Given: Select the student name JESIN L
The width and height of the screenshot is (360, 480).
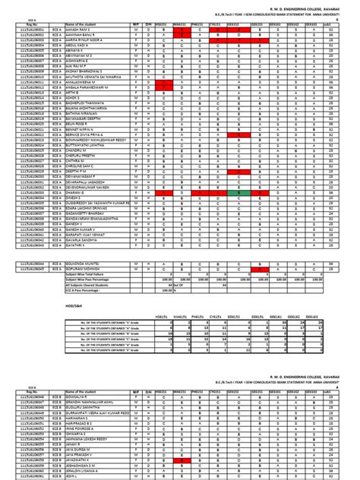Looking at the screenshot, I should point(73,476).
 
